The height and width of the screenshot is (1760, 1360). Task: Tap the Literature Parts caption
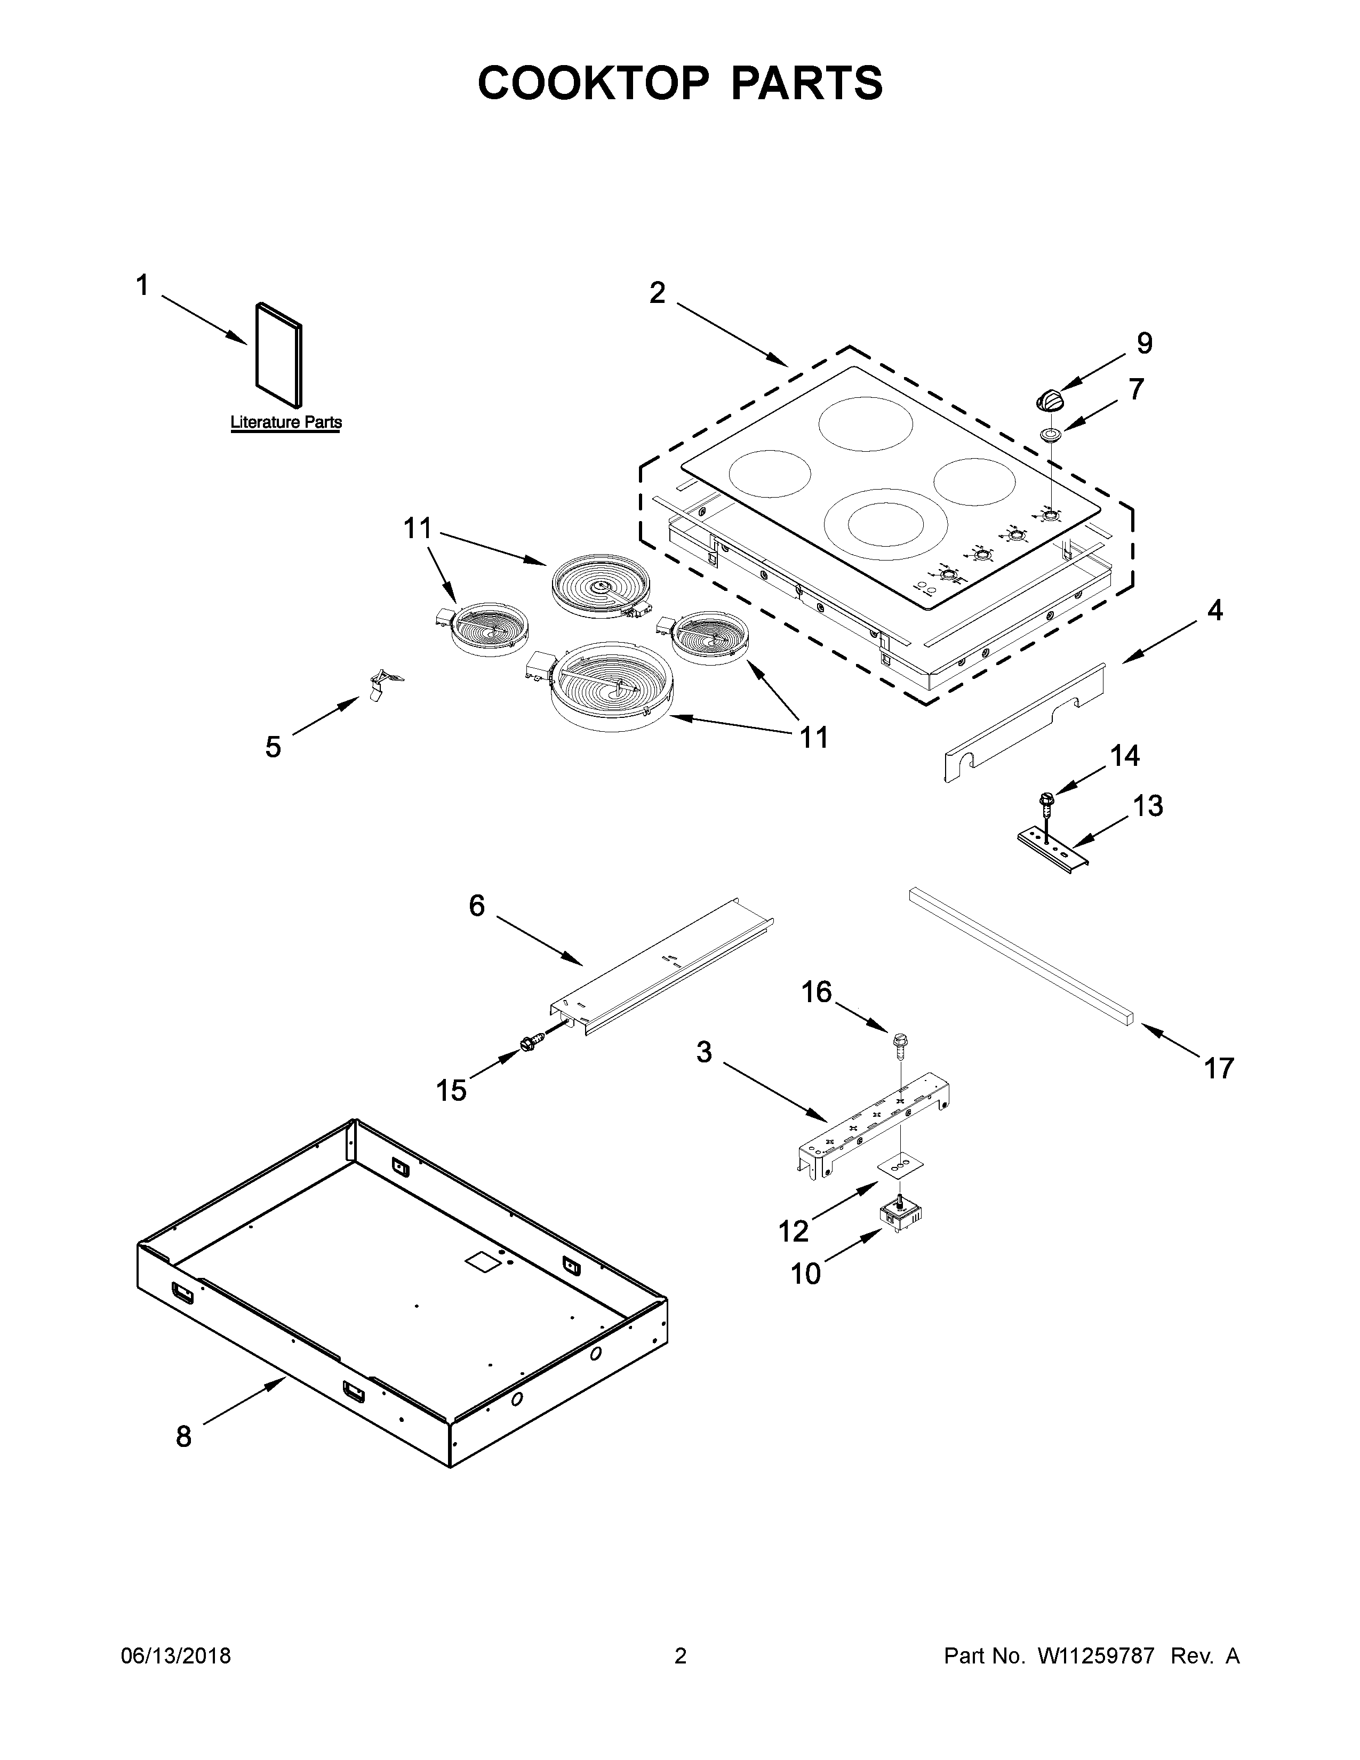[286, 422]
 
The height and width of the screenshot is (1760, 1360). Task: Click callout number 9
[1144, 344]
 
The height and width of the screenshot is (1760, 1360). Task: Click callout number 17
[1218, 1069]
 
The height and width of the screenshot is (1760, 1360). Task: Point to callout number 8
[183, 1436]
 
